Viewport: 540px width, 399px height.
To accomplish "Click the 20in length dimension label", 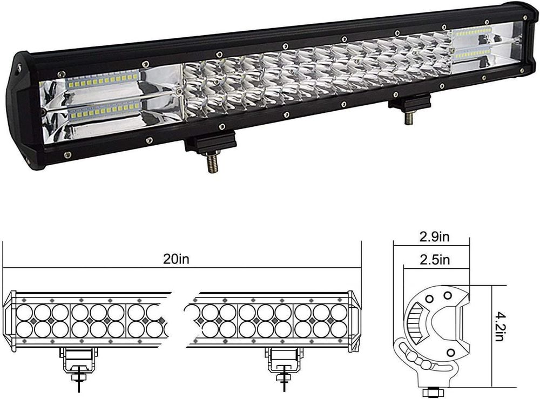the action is click(x=176, y=259).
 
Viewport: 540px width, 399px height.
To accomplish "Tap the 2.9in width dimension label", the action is click(x=434, y=237).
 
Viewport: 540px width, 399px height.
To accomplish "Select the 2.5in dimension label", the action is click(x=435, y=259).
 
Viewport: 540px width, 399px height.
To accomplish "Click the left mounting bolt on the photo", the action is click(x=213, y=163).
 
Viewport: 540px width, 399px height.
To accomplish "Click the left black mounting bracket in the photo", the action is click(x=211, y=142).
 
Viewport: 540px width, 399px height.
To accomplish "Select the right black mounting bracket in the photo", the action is click(x=409, y=102).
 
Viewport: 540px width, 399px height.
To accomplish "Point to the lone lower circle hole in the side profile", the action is click(x=450, y=352).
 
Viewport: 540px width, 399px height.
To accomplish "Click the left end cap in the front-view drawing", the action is click(x=11, y=322).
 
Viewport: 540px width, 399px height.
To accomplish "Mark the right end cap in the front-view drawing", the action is click(x=353, y=322).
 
